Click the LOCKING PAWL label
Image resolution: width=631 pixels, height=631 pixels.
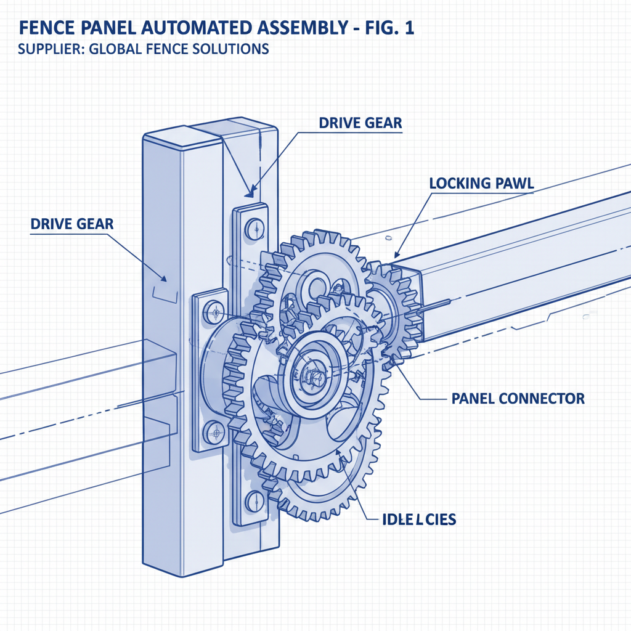pos(481,183)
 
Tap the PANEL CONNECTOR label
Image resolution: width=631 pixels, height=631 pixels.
pos(518,399)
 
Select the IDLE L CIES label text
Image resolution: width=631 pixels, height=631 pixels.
pos(415,519)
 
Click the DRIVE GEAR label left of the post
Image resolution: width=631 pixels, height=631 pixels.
pos(72,224)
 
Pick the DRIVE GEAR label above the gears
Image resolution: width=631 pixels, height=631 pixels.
pos(360,123)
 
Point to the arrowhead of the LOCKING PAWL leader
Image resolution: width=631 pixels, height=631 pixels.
pos(397,254)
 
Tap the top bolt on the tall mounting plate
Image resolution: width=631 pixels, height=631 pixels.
pos(253,229)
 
